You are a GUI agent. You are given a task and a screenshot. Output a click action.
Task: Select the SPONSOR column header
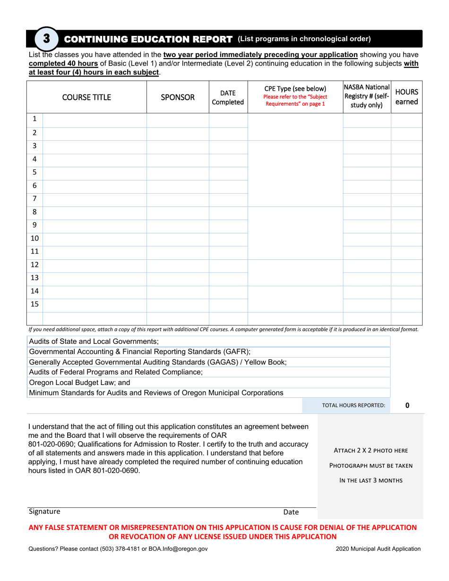(x=178, y=97)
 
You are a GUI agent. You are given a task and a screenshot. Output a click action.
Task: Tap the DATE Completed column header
(x=228, y=97)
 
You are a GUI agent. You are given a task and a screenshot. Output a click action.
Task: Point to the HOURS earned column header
(x=407, y=97)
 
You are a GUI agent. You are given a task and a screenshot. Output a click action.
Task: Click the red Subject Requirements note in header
(x=295, y=101)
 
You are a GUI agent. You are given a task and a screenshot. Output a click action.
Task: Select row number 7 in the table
(x=35, y=199)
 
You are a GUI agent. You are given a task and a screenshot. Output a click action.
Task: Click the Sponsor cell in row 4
(x=178, y=160)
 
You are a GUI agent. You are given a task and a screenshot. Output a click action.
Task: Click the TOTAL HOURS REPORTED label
(x=354, y=405)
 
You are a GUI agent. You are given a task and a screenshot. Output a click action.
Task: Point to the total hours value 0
(x=407, y=405)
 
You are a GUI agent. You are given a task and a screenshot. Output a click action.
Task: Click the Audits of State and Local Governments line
(x=94, y=341)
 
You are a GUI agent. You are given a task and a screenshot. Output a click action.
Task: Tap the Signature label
(x=44, y=512)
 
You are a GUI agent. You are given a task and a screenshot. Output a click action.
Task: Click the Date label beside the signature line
(x=291, y=512)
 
